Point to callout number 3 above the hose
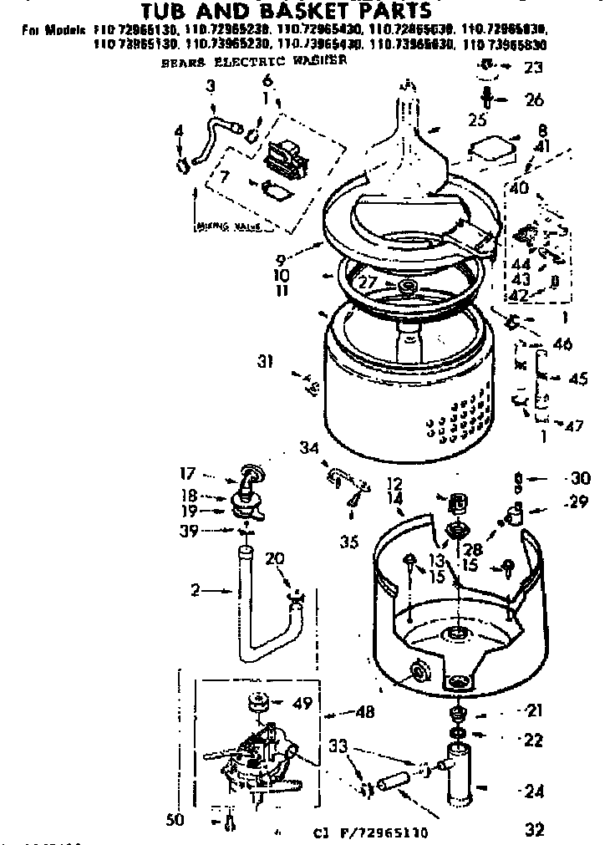[x=210, y=85]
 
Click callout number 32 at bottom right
[x=535, y=829]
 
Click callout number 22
[x=532, y=739]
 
